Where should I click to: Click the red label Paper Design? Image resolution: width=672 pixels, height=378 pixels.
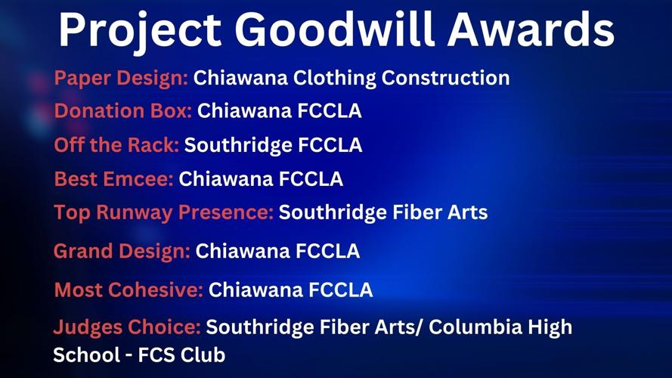pyautogui.click(x=121, y=78)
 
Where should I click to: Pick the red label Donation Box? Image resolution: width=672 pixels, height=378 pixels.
pyautogui.click(x=123, y=111)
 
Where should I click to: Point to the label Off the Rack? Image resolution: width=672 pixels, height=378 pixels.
pyautogui.click(x=116, y=144)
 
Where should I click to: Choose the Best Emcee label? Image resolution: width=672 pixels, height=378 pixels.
pyautogui.click(x=113, y=179)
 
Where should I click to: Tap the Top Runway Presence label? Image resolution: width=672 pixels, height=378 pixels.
pyautogui.click(x=163, y=212)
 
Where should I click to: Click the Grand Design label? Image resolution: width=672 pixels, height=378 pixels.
pyautogui.click(x=122, y=250)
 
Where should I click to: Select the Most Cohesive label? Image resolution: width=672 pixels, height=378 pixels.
pyautogui.click(x=129, y=290)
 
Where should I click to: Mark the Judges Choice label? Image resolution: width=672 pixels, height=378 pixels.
pyautogui.click(x=126, y=327)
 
